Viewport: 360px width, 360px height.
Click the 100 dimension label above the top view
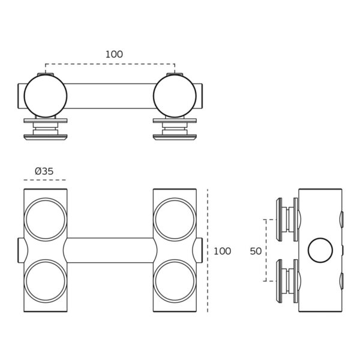[114, 55]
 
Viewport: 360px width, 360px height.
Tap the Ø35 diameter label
[44, 171]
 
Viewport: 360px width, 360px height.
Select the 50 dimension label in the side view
[256, 251]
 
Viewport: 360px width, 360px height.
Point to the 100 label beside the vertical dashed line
[222, 251]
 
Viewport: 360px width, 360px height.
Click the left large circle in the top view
[46, 96]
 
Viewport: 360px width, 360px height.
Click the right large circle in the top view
[175, 96]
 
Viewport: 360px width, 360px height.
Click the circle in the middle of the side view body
[320, 250]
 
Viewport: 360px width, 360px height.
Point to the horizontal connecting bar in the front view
[110, 250]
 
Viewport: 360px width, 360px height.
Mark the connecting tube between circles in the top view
[110, 96]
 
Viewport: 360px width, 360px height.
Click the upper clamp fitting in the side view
[287, 220]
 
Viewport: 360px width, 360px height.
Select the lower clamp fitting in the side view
[287, 280]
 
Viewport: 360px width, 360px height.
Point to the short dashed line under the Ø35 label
[45, 180]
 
